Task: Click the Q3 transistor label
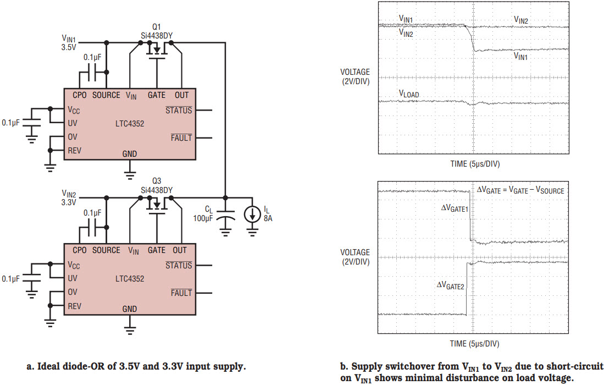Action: [x=157, y=181]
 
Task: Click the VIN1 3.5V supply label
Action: [x=69, y=43]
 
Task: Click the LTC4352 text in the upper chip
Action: [x=130, y=124]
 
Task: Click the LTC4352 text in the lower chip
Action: [x=130, y=279]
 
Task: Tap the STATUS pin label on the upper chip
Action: [x=179, y=110]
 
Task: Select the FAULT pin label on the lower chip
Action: [x=181, y=293]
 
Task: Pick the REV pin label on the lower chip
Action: [x=75, y=305]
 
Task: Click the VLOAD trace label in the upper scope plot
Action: [x=408, y=94]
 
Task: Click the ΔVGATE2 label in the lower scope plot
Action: [x=451, y=285]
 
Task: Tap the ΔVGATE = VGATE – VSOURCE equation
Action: [x=520, y=190]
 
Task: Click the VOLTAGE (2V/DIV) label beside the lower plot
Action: [x=355, y=257]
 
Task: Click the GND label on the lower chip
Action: [x=130, y=309]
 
